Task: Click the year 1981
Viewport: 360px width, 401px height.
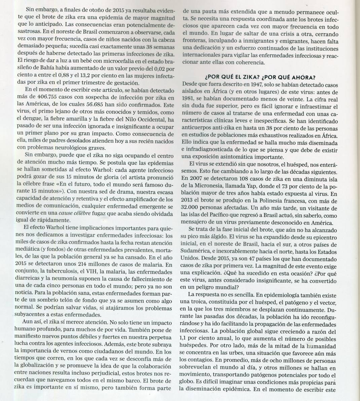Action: pos(188,99)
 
